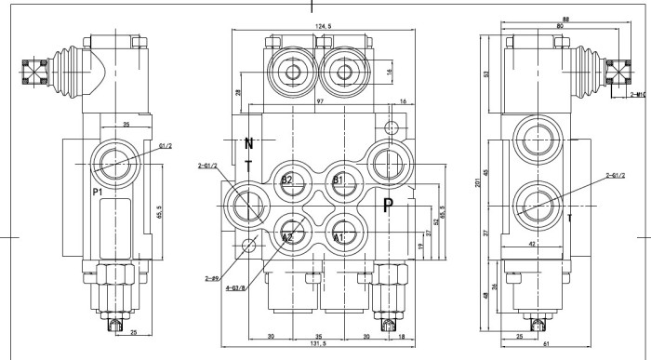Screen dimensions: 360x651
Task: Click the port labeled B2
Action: coord(288,179)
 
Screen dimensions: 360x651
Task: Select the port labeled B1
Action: coord(339,179)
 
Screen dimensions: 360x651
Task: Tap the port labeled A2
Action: coord(288,237)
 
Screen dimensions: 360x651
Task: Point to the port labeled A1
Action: coord(339,237)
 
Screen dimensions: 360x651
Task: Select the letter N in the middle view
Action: coord(248,144)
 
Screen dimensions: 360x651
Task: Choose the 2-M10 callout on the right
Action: coord(638,94)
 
